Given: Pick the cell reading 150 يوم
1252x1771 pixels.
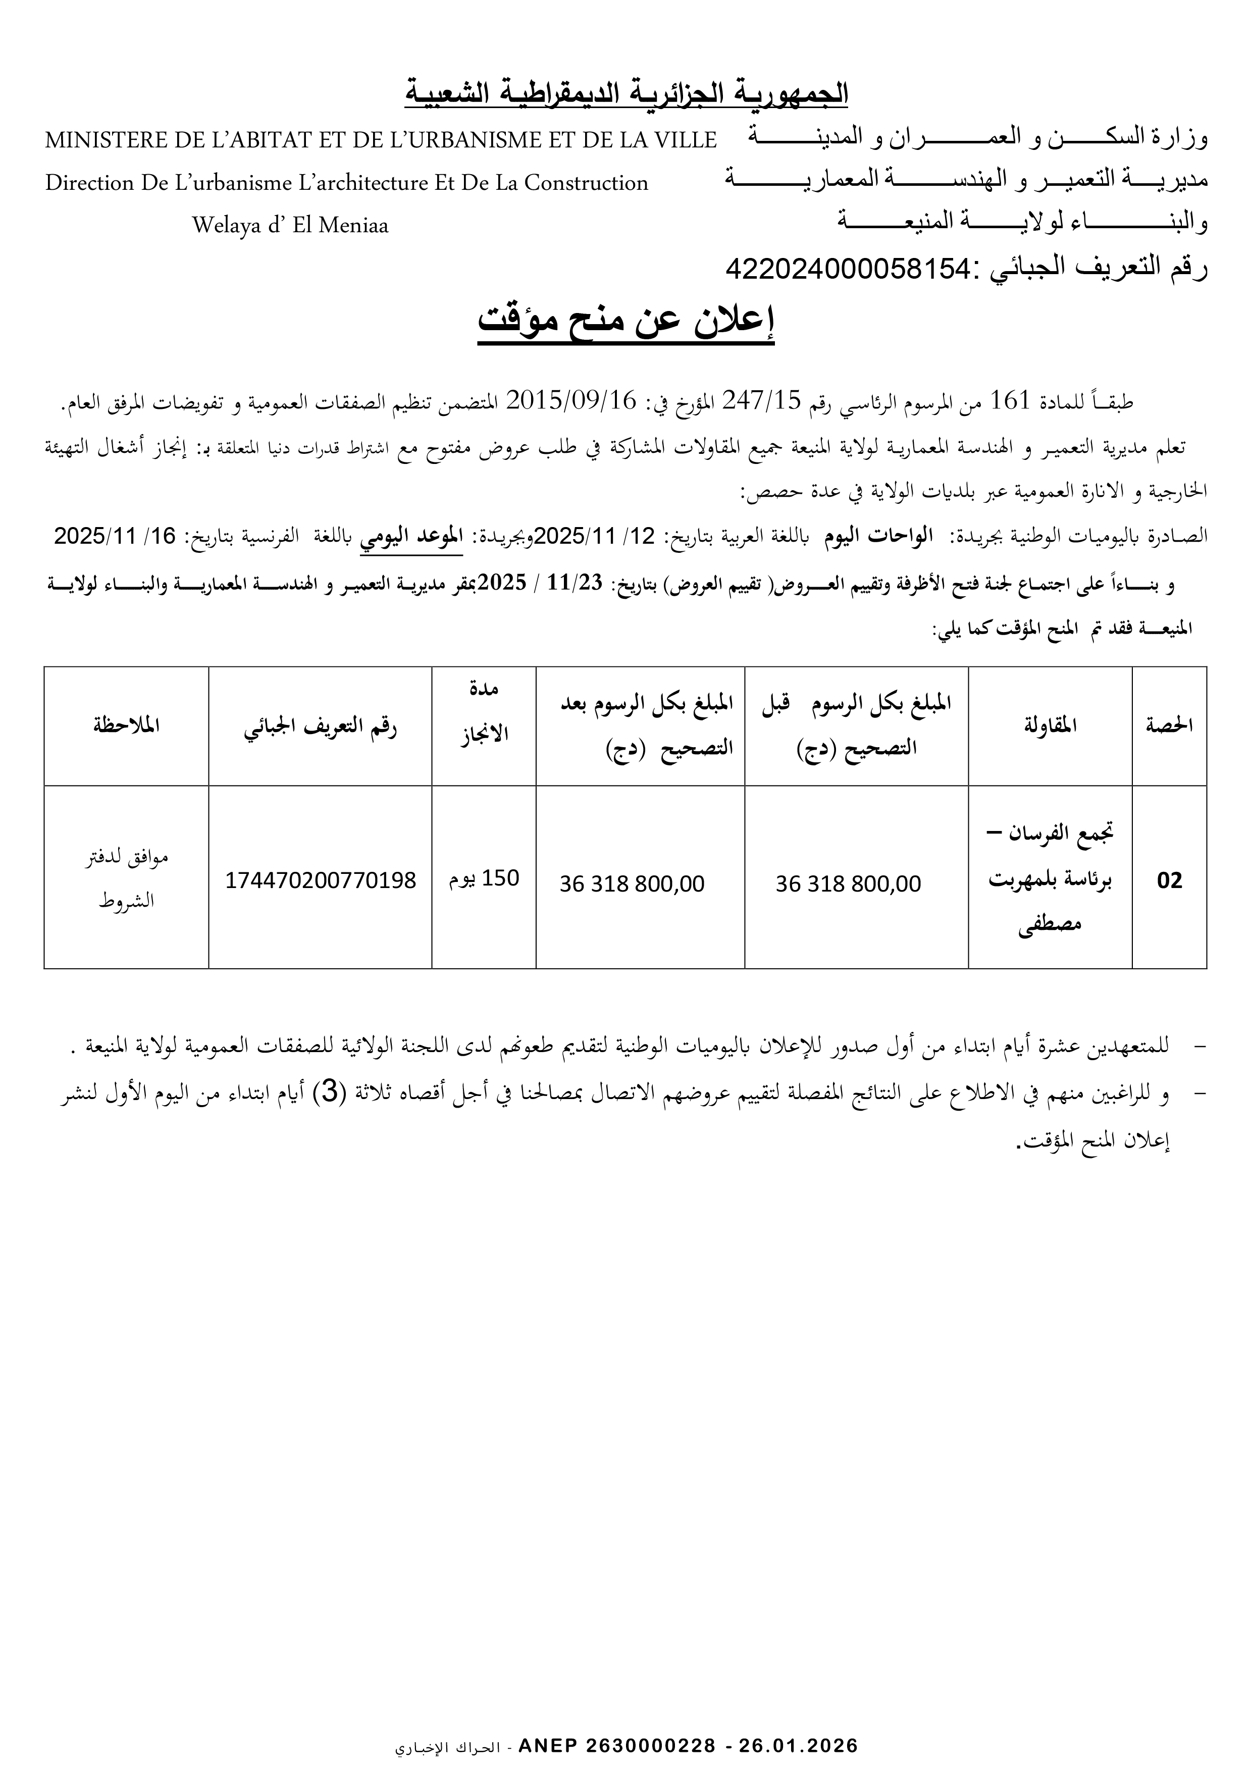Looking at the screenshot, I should (485, 878).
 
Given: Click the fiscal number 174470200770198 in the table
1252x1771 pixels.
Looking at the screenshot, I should (320, 880).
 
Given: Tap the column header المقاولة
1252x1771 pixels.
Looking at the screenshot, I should (1050, 725).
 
